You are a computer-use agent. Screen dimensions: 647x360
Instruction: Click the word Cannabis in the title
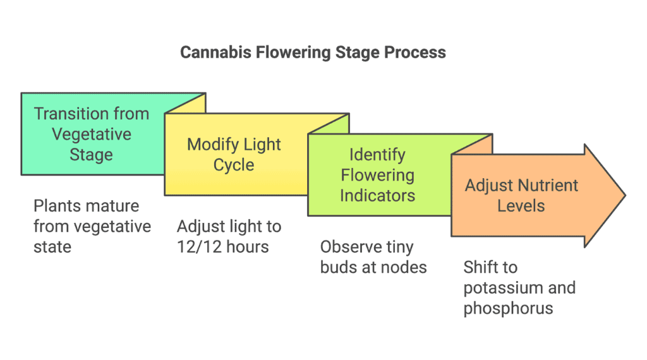[216, 53]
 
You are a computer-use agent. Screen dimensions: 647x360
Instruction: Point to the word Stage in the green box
[91, 155]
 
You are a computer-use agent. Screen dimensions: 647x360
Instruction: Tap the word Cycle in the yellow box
[234, 165]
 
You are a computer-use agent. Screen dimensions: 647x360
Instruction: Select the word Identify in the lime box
[377, 155]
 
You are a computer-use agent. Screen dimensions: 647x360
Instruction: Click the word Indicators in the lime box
[378, 195]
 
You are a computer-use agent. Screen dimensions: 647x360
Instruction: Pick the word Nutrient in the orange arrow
[549, 186]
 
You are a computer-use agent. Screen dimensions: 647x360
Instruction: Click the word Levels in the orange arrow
[521, 206]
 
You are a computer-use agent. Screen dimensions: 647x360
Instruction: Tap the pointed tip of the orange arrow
[625, 195]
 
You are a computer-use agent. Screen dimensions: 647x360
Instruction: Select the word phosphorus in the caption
[508, 309]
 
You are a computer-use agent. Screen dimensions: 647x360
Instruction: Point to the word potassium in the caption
[503, 288]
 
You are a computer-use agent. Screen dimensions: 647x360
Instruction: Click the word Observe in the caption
[351, 247]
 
